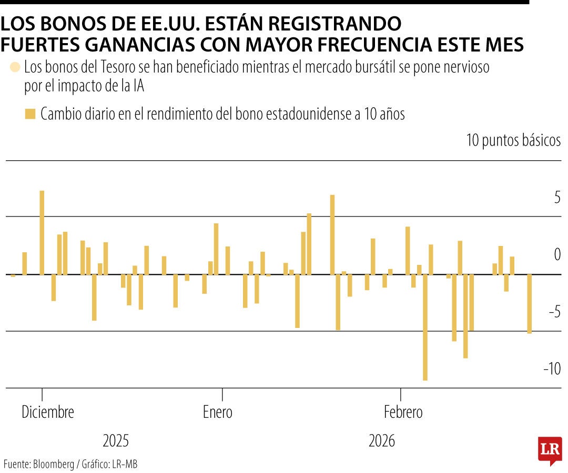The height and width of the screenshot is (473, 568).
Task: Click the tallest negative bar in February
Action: [425, 327]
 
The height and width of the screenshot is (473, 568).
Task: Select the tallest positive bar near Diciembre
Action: [42, 232]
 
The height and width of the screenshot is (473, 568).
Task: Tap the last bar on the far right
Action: [529, 304]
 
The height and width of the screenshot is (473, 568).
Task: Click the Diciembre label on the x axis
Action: [48, 412]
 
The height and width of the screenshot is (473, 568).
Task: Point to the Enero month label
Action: [218, 412]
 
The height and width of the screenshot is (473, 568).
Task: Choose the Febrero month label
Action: [403, 412]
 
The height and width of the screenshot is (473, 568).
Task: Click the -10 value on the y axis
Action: [552, 369]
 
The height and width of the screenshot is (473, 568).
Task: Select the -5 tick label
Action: [554, 312]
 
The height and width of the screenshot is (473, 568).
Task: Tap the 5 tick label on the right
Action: [557, 198]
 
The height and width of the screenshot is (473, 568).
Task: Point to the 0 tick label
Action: [557, 255]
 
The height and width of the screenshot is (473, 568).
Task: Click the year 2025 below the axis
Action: [115, 440]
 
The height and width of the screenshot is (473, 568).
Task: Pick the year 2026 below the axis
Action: [382, 440]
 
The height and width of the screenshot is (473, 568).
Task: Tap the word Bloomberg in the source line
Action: [54, 464]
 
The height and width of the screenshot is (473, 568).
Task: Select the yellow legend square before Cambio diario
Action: [31, 114]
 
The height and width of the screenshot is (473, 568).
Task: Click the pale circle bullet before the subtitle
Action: [15, 68]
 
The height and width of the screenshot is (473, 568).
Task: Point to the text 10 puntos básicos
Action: [513, 141]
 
